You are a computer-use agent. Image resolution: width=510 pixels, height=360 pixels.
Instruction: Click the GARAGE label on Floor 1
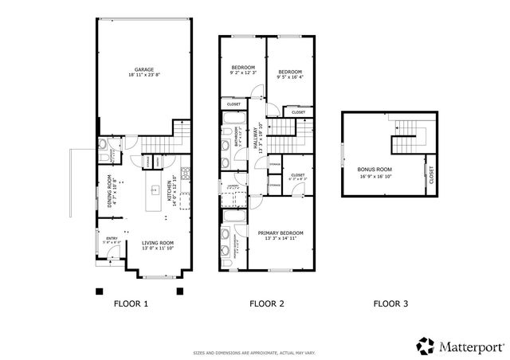coord(143,70)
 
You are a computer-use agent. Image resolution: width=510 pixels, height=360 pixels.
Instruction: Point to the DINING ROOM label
coord(112,191)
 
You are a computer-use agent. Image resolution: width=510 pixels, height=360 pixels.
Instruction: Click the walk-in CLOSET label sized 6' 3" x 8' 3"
coord(297,177)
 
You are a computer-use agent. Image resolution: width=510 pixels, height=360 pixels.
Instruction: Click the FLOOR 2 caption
coord(266,303)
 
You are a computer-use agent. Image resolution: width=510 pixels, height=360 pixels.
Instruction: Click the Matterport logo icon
coord(424,346)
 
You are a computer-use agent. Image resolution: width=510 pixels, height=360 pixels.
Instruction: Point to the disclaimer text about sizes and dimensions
coord(255,351)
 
